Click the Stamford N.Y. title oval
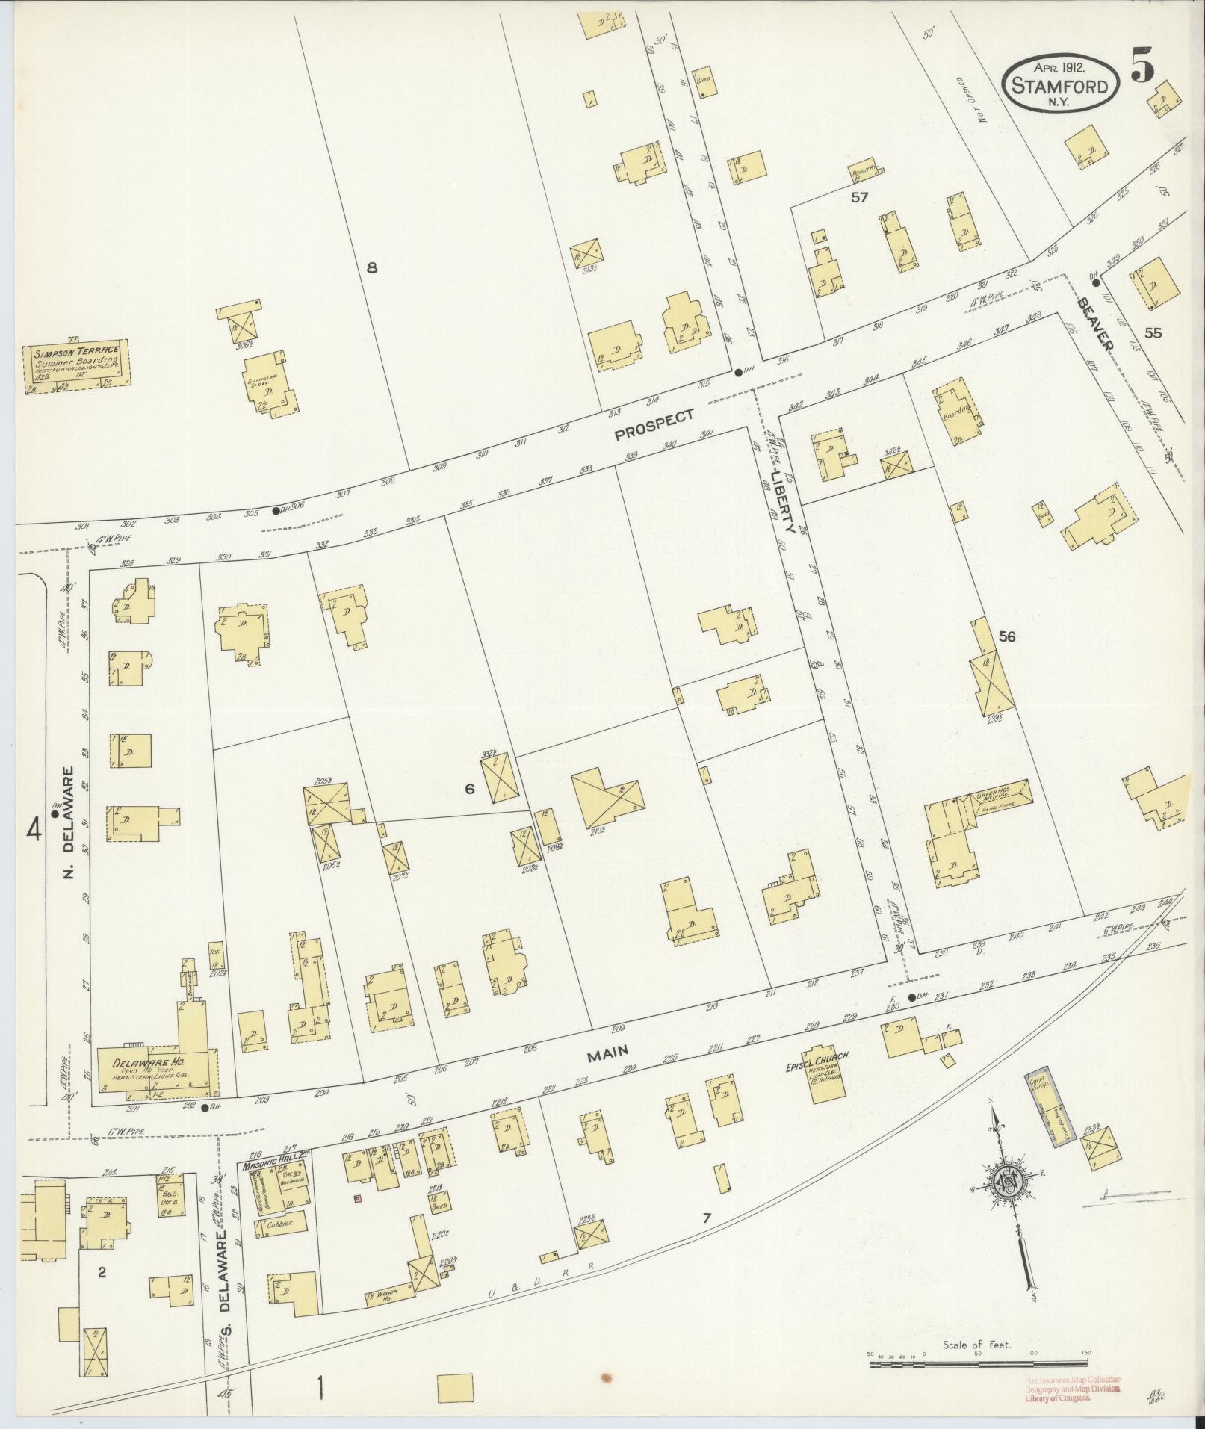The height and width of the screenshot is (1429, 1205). [x=1060, y=86]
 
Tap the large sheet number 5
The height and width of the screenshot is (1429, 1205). [x=1142, y=66]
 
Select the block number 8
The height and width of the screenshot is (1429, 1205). [x=371, y=268]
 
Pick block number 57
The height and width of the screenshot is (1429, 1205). [x=860, y=197]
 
